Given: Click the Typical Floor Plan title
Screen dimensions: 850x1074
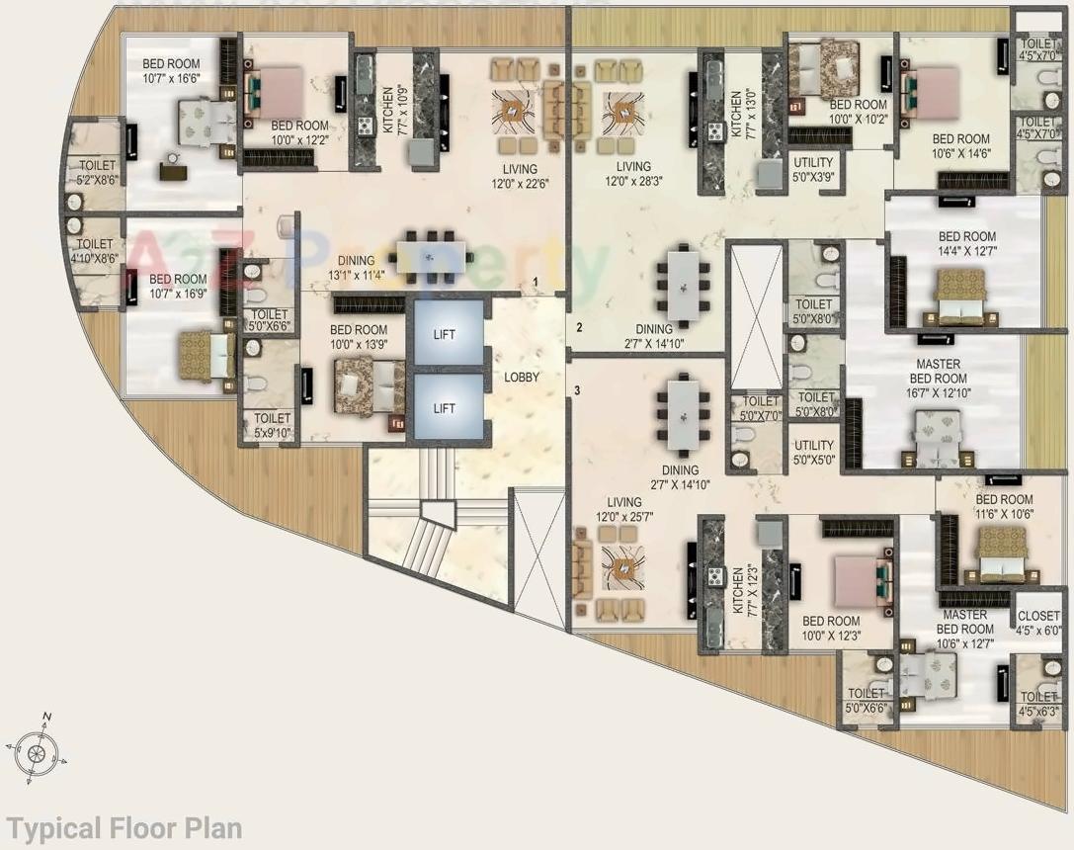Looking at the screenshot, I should click(124, 827).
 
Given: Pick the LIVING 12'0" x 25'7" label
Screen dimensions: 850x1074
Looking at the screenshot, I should click(623, 510).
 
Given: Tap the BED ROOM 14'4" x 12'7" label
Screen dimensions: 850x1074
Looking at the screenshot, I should click(966, 244).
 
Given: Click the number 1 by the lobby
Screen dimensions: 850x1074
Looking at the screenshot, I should click(535, 282).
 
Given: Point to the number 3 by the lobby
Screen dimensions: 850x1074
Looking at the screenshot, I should click(577, 389).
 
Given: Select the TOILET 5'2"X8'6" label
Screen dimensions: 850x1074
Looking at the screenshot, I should click(96, 173).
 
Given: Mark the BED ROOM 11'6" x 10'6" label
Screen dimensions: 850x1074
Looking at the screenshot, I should click(1004, 507).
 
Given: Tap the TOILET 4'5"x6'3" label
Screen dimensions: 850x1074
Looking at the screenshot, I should click(1039, 704).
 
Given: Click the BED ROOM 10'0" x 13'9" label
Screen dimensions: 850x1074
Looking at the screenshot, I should click(358, 337).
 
